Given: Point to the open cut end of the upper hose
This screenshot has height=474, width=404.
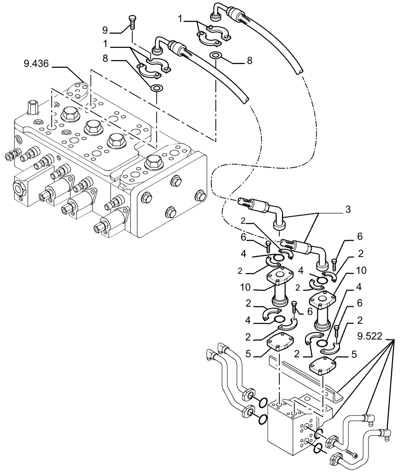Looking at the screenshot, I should (x=298, y=71).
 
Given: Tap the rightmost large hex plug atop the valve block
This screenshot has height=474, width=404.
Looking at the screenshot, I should (x=154, y=162).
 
